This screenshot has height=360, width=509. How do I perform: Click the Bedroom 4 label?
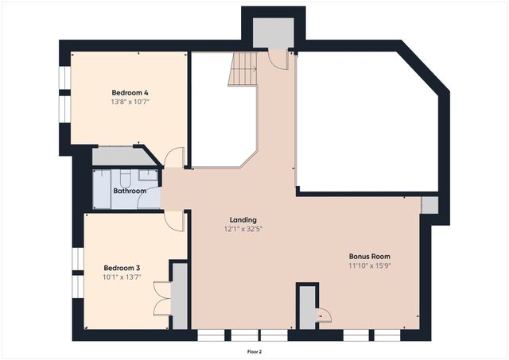[130, 93]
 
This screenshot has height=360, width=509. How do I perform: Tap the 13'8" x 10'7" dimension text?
[130, 102]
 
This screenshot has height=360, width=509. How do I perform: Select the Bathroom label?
[130, 191]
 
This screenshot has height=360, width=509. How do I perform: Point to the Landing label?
[243, 220]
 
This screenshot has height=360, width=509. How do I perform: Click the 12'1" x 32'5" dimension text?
[243, 229]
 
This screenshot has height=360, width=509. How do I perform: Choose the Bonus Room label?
[370, 256]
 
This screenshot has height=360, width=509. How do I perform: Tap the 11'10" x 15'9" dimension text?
[370, 265]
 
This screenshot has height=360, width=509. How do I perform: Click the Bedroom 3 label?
[122, 268]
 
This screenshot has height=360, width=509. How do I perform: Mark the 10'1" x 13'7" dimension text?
[122, 277]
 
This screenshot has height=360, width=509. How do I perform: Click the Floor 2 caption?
[254, 351]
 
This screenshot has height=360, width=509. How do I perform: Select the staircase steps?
[243, 69]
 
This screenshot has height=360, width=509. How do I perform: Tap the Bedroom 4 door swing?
[174, 157]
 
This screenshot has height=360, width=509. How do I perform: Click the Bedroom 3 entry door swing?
[174, 221]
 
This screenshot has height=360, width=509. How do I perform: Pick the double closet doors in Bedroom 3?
[162, 298]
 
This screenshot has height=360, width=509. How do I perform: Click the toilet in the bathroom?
[125, 178]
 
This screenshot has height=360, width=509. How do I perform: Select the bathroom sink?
[148, 175]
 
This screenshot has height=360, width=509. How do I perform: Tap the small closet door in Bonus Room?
[324, 315]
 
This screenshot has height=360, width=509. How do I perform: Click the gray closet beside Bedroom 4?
[122, 157]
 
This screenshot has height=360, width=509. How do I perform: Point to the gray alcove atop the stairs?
[274, 33]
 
